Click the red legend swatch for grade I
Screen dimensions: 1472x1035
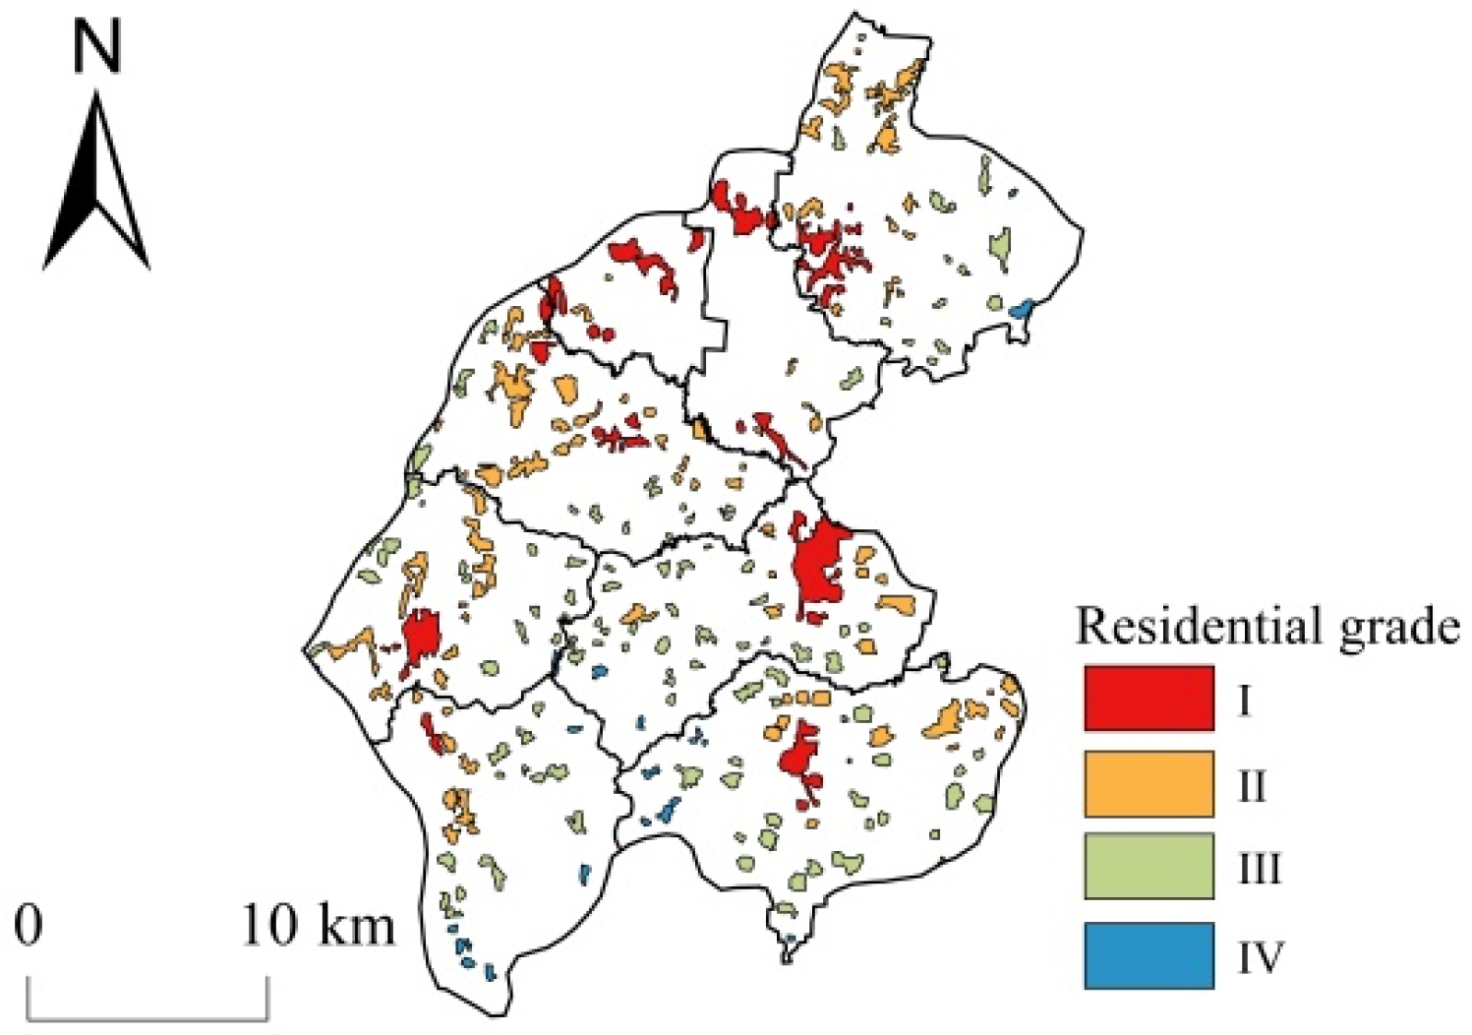pos(1148,699)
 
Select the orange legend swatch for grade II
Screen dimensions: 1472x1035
pos(1148,784)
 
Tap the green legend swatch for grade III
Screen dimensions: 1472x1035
pos(1148,867)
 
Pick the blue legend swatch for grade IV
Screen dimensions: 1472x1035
pos(1148,954)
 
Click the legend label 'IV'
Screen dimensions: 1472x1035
pos(1260,956)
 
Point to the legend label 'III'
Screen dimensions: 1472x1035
pos(1259,869)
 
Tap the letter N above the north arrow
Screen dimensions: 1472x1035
pos(96,47)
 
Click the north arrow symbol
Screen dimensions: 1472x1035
pos(96,187)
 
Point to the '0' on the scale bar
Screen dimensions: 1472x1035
pos(29,925)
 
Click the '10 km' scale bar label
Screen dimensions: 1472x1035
pos(318,925)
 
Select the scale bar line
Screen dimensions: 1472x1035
pos(147,1015)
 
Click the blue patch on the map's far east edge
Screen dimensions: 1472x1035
pos(1022,309)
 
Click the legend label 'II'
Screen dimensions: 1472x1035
pos(1251,785)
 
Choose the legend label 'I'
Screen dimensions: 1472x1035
pos(1244,700)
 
